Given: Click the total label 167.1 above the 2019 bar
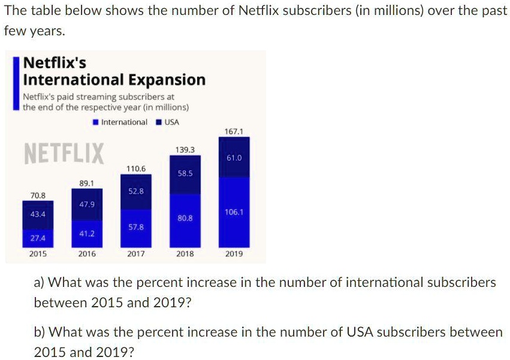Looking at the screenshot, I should (234, 131).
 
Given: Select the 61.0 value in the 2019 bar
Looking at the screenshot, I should (234, 158).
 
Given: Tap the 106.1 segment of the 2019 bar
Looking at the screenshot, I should (234, 212).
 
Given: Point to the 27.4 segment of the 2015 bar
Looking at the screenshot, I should (38, 238).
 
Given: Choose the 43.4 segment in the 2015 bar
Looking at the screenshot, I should (38, 214).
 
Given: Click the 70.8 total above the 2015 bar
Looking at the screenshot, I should (38, 195).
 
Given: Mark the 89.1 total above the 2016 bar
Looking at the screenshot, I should (87, 182).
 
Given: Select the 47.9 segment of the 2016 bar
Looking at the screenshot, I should (87, 204).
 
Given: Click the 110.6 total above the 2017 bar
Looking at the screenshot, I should (136, 168).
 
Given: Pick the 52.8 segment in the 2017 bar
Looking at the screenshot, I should (136, 191).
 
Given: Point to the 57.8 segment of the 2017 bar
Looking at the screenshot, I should (136, 227).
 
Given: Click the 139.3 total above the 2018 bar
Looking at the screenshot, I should (185, 149).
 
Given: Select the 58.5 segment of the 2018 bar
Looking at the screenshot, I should (185, 173).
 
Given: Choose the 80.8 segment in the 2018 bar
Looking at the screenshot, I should (185, 219).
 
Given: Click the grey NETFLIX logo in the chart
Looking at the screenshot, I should (64, 154).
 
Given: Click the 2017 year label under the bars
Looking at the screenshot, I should (136, 254).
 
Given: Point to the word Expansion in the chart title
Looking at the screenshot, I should (167, 80).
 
